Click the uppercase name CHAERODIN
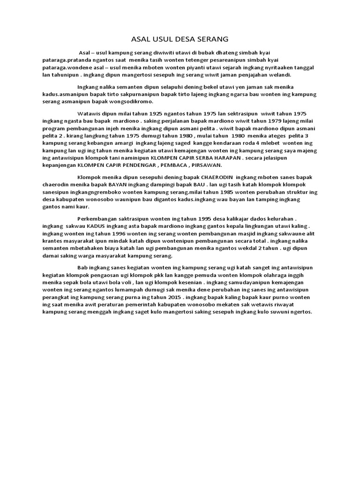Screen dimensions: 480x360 pos(217,177)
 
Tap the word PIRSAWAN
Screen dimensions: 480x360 pos(206,165)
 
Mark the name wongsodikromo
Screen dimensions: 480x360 pos(135,101)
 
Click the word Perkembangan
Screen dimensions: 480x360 pos(97,218)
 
